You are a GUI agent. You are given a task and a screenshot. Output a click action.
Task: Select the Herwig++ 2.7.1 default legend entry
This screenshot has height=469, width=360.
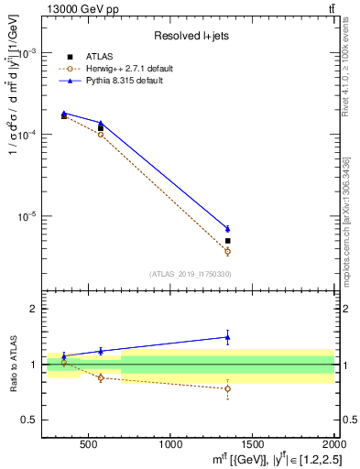pos(125,69)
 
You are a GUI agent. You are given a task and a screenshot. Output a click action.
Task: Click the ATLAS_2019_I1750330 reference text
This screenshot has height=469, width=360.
pos(191,274)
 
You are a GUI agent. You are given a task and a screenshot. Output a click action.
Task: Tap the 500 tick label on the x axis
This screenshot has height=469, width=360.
pos(89,445)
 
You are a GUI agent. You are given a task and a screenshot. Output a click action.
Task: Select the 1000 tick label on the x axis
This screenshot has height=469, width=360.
pos(170,445)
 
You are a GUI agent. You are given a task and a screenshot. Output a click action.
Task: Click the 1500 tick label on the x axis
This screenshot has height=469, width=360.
pos(253,445)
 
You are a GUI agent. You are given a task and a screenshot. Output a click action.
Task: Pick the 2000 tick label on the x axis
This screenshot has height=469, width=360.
pos(332,445)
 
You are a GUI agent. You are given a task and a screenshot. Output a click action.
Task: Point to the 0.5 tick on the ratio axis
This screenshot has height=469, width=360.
pos(31,420)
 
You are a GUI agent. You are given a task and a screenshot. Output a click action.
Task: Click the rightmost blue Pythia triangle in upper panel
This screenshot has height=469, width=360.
pos(228,228)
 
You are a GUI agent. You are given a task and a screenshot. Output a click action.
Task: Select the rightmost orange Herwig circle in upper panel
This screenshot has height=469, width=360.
pos(228,251)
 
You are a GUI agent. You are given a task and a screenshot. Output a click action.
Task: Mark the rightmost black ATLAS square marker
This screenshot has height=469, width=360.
pos(228,241)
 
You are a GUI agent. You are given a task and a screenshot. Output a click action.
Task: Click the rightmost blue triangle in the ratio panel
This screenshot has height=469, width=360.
pos(228,337)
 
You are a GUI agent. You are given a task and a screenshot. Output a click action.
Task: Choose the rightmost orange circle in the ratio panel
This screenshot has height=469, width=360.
pos(228,388)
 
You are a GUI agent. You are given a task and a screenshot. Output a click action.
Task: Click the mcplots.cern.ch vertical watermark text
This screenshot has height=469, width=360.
pos(346,229)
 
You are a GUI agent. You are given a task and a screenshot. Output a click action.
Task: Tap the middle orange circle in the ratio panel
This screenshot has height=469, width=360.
pos(101,377)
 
